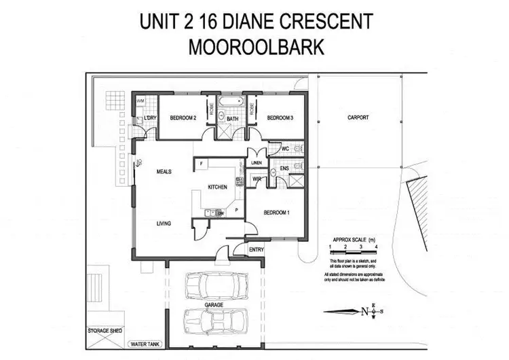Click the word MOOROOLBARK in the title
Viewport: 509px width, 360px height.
(254, 49)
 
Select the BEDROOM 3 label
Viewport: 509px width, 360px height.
(280, 118)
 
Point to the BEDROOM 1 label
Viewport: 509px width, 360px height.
(276, 213)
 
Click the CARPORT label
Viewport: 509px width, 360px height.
(358, 118)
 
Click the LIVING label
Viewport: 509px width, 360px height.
(163, 223)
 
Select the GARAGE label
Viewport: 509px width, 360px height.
(214, 306)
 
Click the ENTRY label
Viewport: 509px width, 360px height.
(257, 250)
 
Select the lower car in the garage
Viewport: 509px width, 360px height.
(214, 322)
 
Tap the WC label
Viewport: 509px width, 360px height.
(286, 149)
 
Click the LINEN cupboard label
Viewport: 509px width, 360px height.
(255, 163)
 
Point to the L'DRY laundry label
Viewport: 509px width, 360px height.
(151, 120)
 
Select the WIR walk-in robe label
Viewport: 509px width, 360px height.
(257, 179)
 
